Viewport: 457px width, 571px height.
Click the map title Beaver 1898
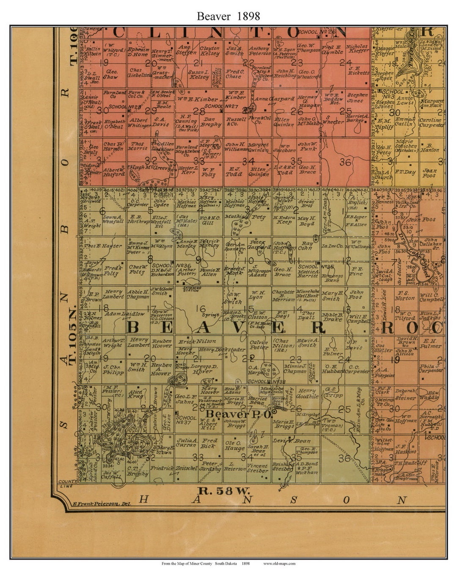coord(228,16)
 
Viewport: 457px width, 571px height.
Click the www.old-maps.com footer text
coord(279,563)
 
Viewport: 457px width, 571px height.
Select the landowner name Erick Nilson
coord(197,341)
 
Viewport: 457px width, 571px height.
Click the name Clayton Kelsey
coord(210,51)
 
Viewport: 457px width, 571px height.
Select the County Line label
coord(66,483)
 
